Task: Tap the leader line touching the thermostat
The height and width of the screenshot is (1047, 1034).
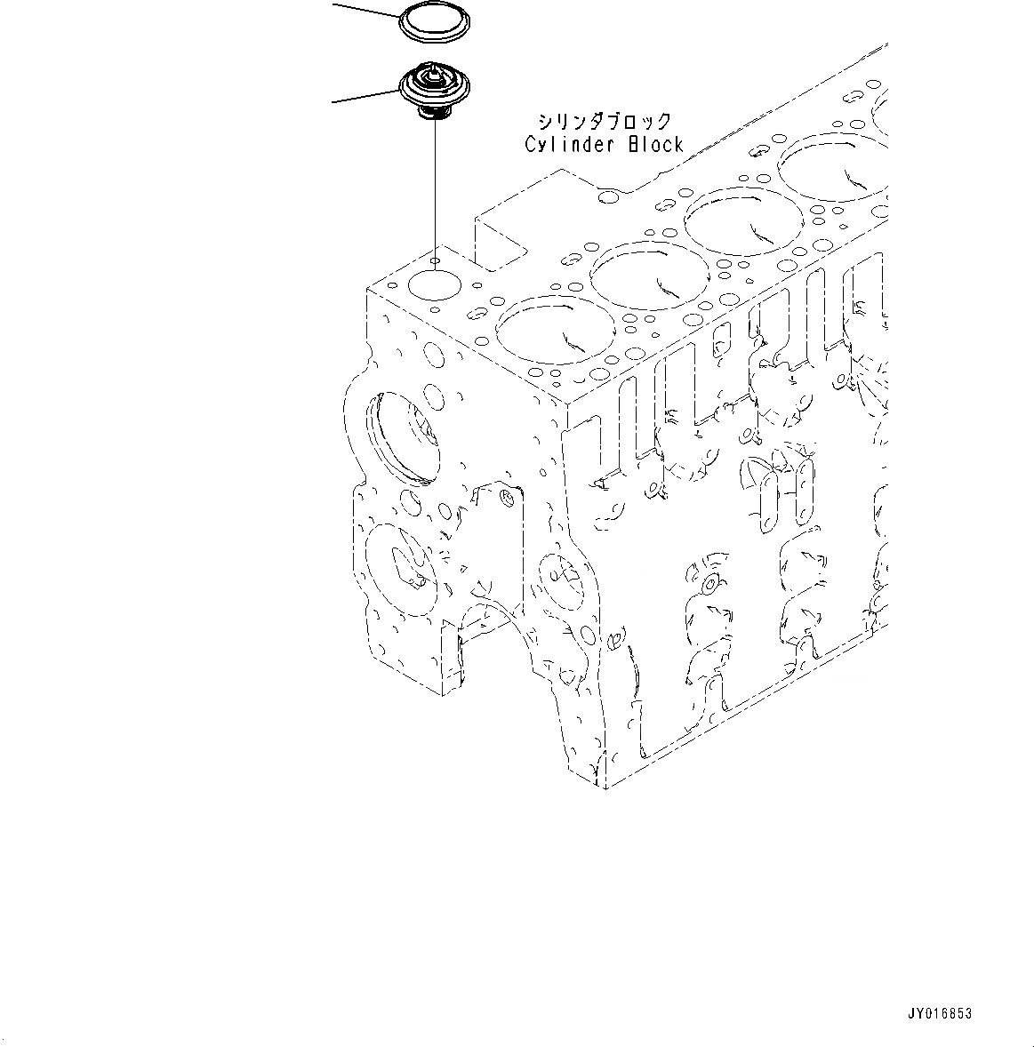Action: [365, 96]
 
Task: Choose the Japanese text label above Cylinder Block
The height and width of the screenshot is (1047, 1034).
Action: [604, 122]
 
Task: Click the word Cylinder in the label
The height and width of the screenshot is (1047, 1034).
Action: [563, 144]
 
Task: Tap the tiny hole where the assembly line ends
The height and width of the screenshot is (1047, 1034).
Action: [435, 261]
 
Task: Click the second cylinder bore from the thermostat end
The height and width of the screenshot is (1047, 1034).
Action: [639, 277]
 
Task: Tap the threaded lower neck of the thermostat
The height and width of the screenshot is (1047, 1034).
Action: [432, 114]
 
